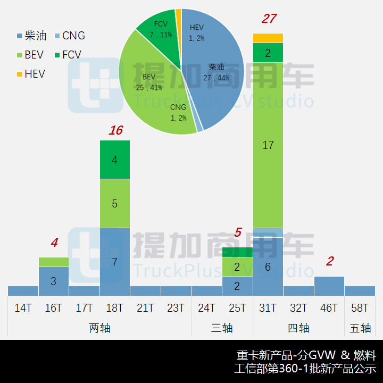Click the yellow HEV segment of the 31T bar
268,38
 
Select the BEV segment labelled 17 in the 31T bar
268,145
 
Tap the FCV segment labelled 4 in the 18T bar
115,160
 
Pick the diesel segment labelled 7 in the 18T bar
115,261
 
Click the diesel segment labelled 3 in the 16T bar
54,281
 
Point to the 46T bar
329,286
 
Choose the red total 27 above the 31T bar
269,19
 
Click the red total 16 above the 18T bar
115,130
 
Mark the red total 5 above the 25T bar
238,232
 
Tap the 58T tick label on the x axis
360,308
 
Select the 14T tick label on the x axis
23,308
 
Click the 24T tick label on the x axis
206,308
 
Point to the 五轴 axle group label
360,328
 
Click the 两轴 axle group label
99,328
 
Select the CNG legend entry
68,36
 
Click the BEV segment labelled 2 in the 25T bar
237,267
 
